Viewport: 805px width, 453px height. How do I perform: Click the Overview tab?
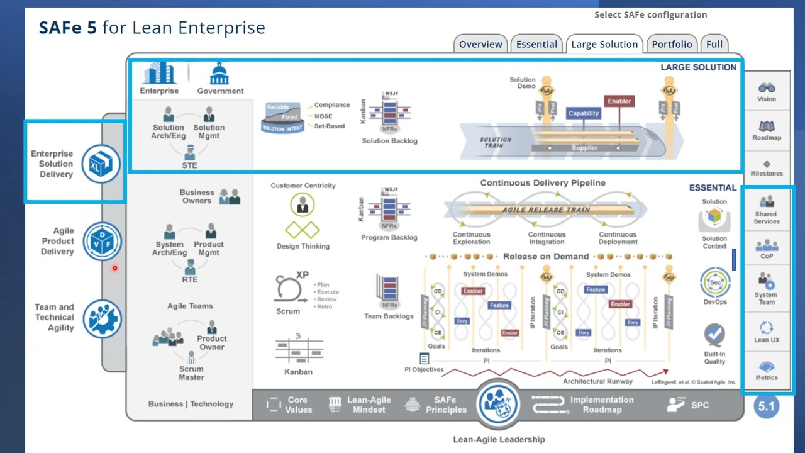480,44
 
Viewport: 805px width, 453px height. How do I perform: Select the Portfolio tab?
672,44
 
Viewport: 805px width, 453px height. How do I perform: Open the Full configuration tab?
714,44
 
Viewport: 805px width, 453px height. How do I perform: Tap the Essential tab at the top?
536,44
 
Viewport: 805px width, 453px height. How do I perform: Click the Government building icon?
219,74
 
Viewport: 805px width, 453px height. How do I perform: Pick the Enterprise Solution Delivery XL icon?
101,164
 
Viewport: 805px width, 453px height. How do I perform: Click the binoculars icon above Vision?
767,87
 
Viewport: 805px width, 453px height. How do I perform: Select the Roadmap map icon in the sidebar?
767,126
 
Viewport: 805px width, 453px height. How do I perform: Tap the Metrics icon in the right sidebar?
767,367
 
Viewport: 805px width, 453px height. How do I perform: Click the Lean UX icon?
767,327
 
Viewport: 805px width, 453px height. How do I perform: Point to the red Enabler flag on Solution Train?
619,101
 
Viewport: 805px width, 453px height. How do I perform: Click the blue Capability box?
584,113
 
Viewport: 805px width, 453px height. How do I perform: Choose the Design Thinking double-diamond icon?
303,230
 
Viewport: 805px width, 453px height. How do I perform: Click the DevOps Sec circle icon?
715,283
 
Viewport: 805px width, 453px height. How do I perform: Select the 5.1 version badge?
766,406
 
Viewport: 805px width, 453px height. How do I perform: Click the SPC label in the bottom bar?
699,405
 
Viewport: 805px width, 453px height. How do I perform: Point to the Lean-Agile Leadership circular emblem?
499,405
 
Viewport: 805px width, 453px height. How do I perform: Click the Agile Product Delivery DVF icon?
101,241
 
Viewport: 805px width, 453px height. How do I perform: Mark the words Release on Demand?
546,257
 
